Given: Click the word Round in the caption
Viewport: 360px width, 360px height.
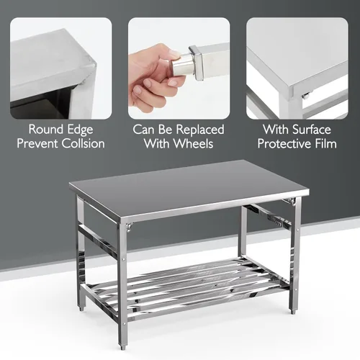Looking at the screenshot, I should pyautogui.click(x=44, y=130).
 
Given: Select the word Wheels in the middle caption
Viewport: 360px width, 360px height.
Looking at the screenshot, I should pyautogui.click(x=197, y=143).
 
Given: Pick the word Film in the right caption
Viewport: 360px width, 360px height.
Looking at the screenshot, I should pyautogui.click(x=323, y=143).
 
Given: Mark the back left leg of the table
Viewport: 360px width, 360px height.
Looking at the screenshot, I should pyautogui.click(x=81, y=248).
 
